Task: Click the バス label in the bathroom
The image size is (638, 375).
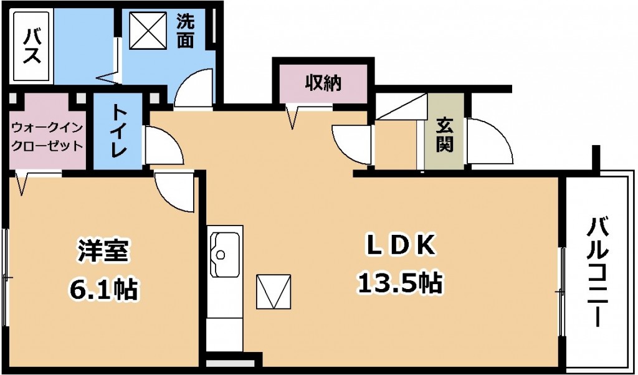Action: [x=31, y=46]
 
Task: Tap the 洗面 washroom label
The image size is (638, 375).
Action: [x=185, y=32]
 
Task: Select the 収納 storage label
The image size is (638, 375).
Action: [x=323, y=83]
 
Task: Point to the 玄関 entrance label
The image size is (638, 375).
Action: [x=445, y=134]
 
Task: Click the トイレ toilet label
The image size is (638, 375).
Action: [x=119, y=131]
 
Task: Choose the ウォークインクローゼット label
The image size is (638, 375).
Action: [x=47, y=136]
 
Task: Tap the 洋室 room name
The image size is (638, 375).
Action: [x=103, y=250]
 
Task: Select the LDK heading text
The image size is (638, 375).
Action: [x=401, y=245]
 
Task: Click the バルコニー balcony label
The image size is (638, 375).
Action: [x=598, y=272]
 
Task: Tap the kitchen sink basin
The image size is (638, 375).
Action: [x=224, y=255]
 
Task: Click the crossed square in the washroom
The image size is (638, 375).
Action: [x=148, y=31]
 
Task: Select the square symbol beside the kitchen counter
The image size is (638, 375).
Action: [x=274, y=292]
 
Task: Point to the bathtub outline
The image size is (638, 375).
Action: [x=31, y=46]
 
